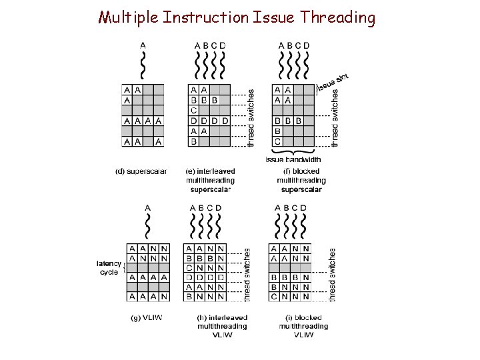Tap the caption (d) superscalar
(x=141, y=171)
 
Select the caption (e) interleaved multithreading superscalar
(x=210, y=180)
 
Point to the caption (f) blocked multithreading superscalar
(x=301, y=180)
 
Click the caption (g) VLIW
(x=145, y=317)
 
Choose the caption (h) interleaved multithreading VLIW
(x=222, y=326)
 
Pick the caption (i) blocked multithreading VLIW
(x=303, y=326)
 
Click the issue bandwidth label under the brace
(x=293, y=159)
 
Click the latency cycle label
(x=109, y=267)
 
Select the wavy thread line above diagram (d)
(x=143, y=65)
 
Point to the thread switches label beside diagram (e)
(x=250, y=117)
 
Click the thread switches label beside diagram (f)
(x=335, y=117)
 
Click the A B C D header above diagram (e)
(x=210, y=45)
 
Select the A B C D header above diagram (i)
(x=291, y=208)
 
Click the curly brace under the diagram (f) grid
(x=293, y=151)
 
